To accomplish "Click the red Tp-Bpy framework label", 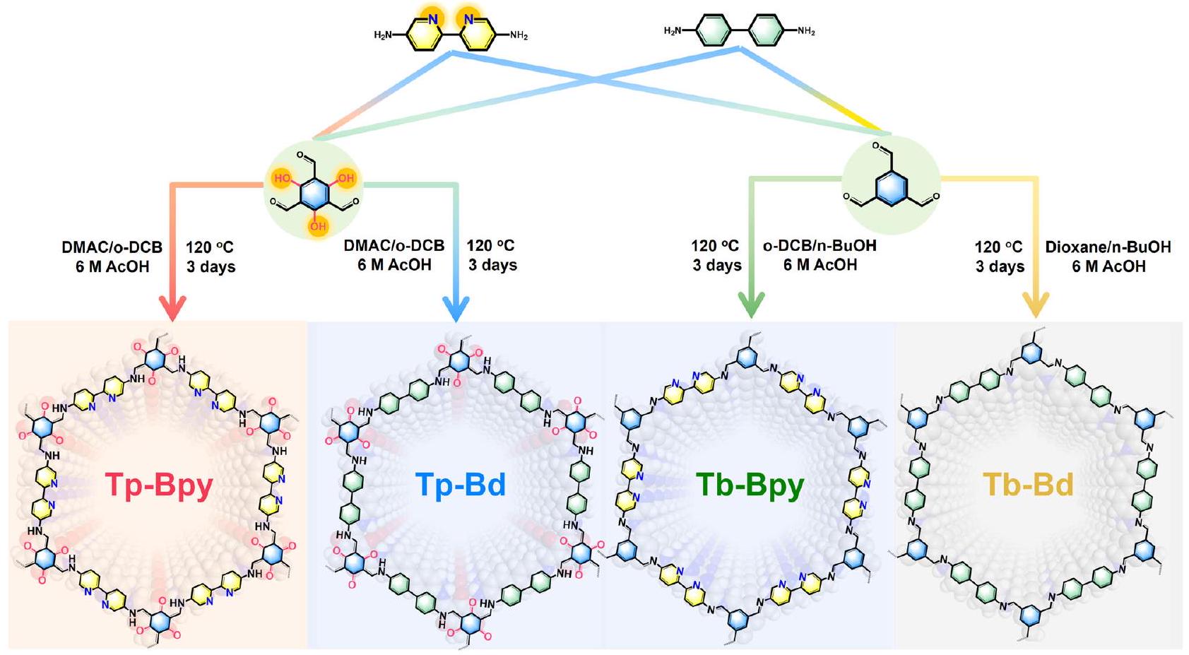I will click(159, 485).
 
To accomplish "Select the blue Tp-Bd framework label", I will click(460, 485).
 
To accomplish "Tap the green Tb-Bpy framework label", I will click(750, 485).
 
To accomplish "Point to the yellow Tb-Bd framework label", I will click(1028, 485).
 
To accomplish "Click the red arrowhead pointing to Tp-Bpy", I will click(172, 308).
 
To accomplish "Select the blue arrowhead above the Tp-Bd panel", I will click(456, 308).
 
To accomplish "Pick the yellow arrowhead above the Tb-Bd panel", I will click(1036, 307).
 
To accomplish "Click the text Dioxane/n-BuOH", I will click(1108, 247).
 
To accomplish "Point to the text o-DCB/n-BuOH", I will click(820, 246).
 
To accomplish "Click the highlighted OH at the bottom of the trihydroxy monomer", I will click(318, 226).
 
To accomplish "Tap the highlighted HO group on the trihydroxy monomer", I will click(283, 178).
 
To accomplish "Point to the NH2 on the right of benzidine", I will click(806, 31).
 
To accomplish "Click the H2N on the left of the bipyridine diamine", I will click(383, 35).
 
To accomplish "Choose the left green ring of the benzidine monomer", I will click(713, 31).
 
